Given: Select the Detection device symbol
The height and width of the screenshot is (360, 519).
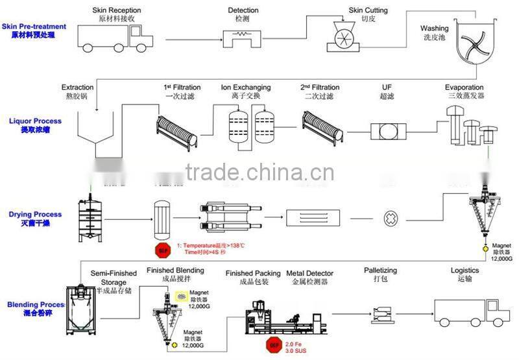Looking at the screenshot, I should (x=243, y=36).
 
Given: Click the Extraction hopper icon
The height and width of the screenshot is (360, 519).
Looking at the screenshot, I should (x=98, y=134).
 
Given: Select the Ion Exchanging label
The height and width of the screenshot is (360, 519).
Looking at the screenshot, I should (x=246, y=88).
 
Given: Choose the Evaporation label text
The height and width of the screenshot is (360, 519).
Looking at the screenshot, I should (x=464, y=88).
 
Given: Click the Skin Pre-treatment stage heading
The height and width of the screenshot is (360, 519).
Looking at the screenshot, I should (x=34, y=27).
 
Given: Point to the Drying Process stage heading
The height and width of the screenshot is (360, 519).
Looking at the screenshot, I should (x=36, y=214).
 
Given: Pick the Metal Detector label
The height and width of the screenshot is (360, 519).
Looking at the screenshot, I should (x=309, y=273).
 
